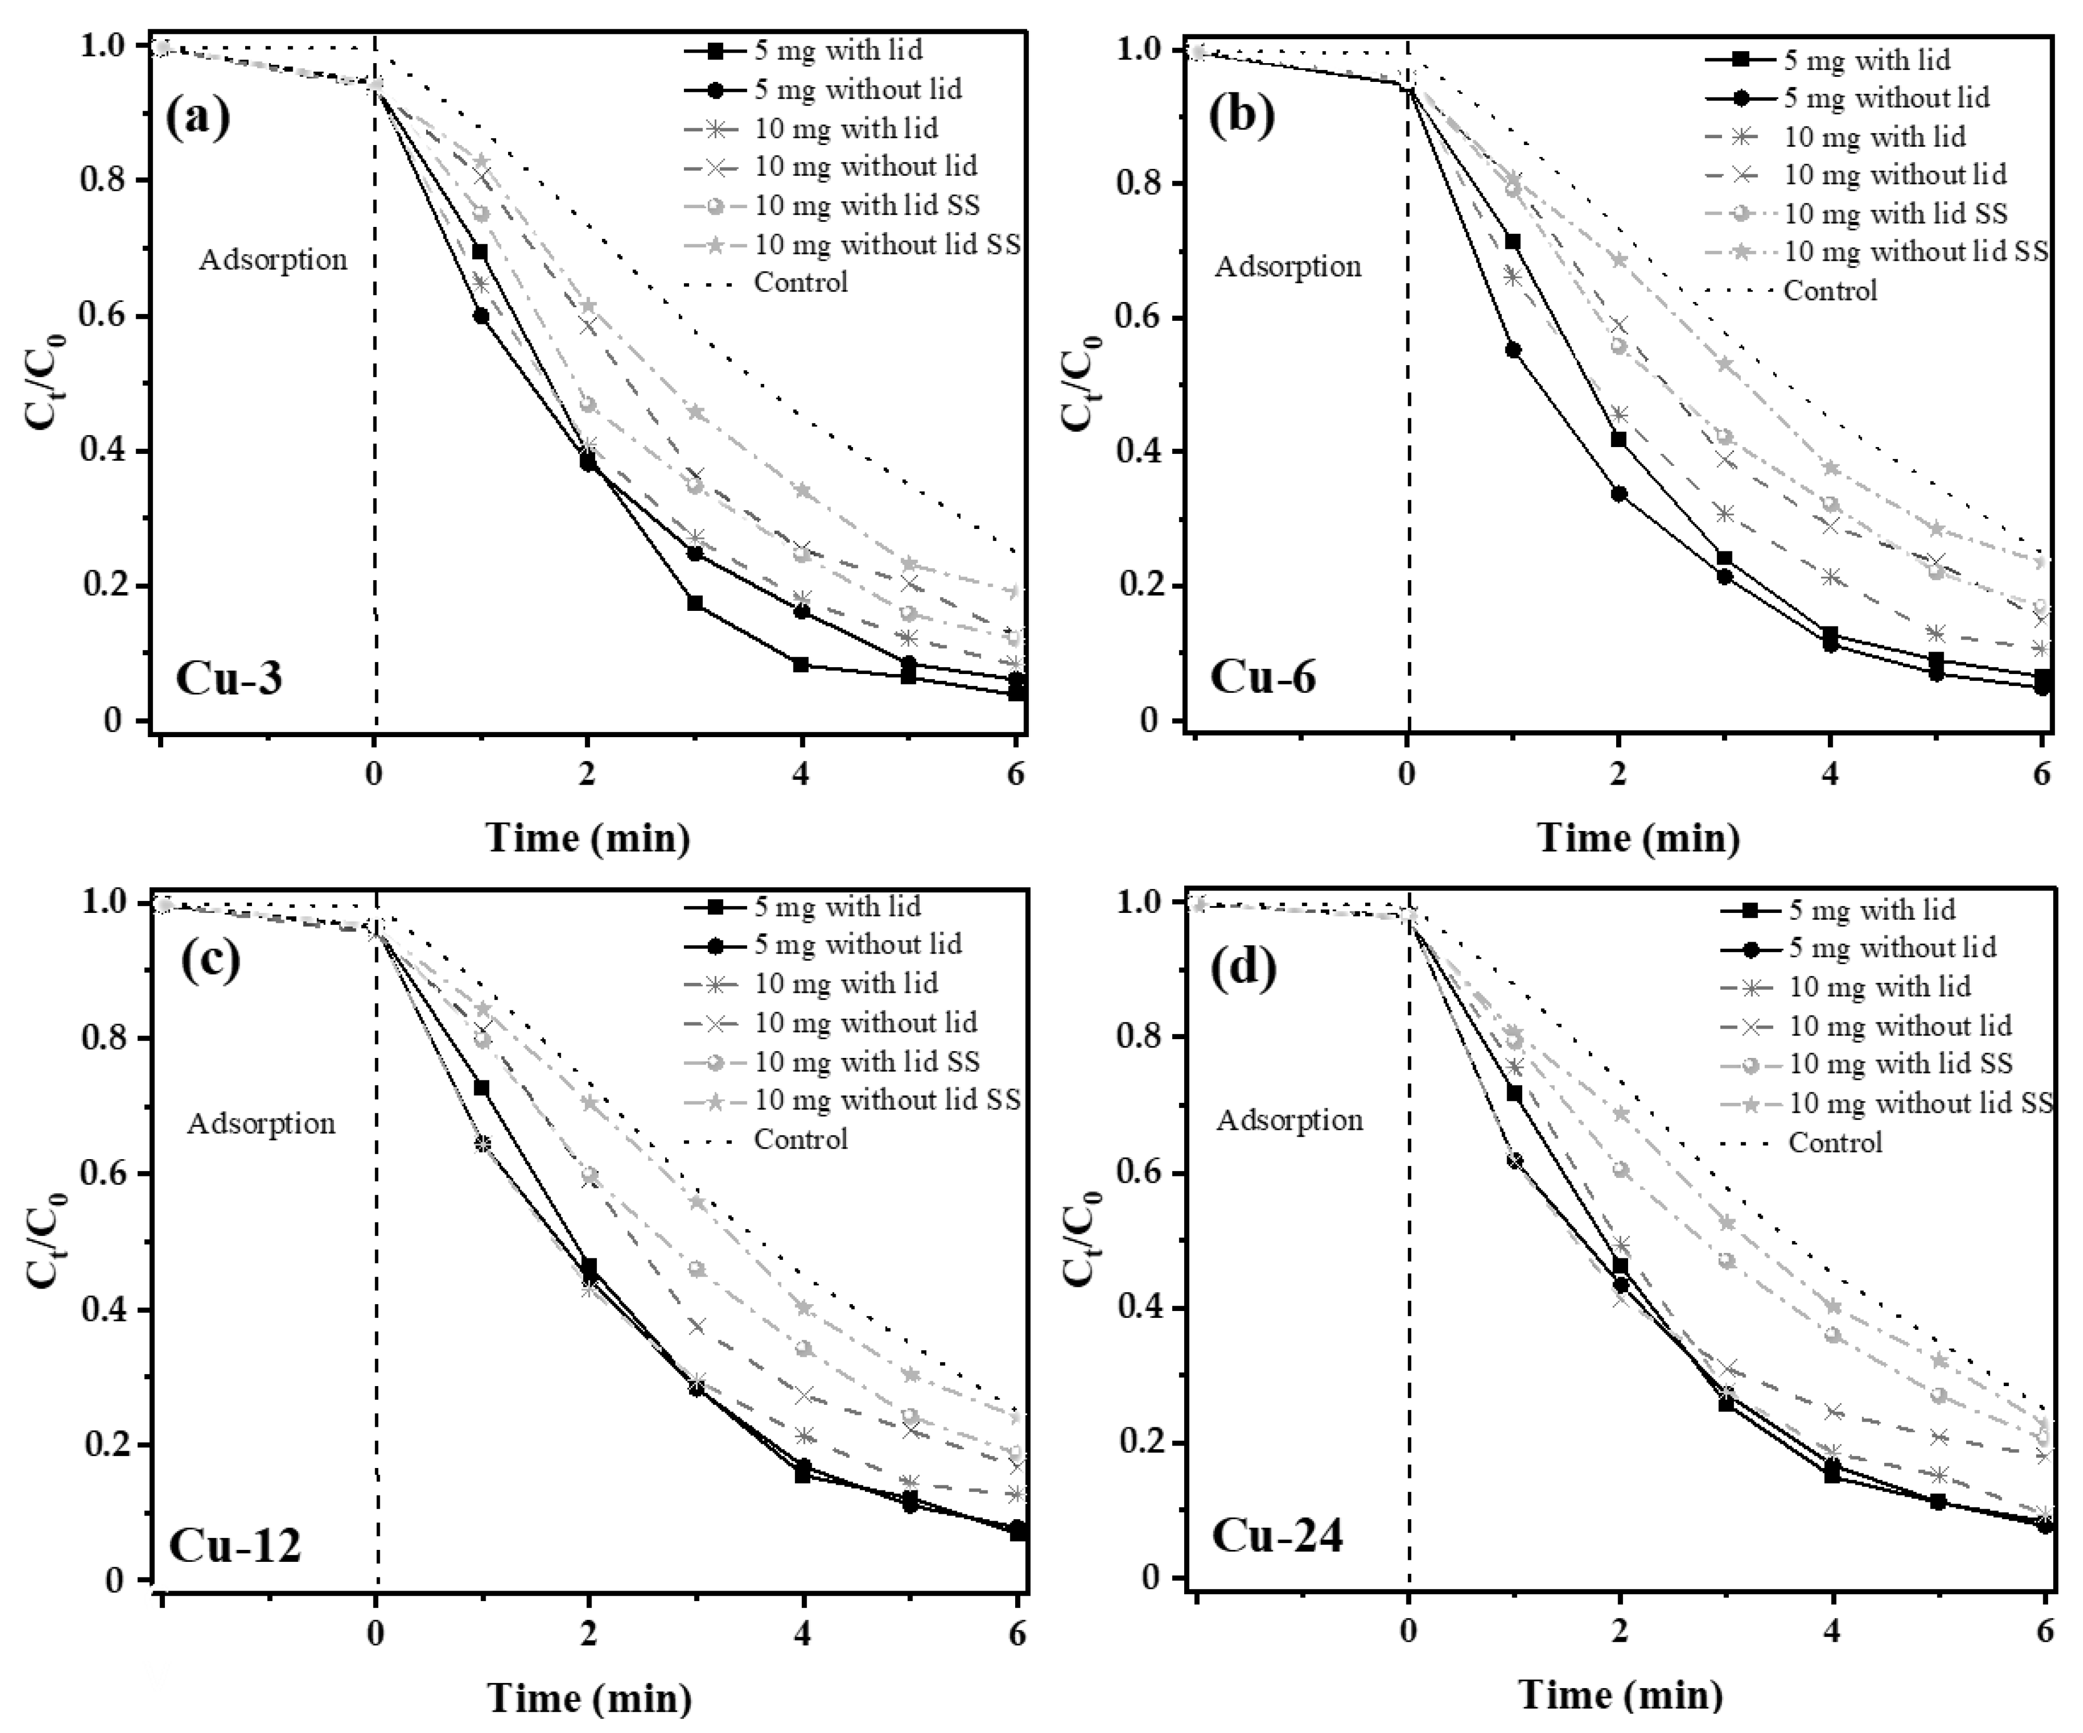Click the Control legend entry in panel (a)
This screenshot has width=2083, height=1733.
(800, 283)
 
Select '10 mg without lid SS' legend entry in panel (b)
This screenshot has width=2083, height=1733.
(1915, 252)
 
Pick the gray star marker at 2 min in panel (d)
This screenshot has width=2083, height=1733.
(1621, 1114)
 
